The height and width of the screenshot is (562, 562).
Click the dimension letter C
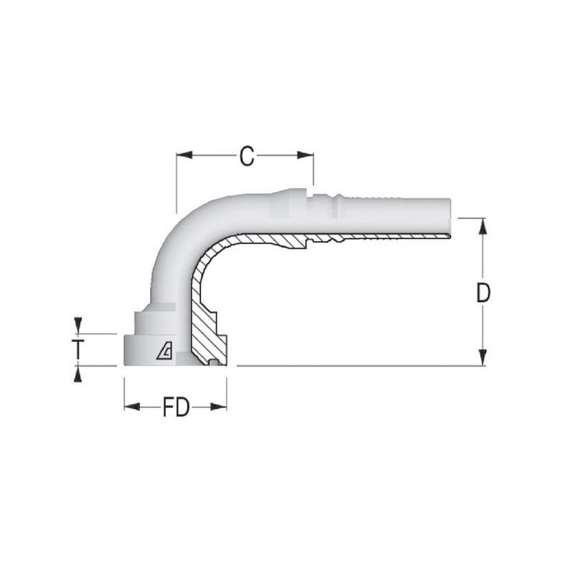click(x=247, y=156)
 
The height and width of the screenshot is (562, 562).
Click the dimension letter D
click(x=483, y=293)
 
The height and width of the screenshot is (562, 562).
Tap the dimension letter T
click(x=78, y=349)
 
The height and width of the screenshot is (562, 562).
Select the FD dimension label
click(x=176, y=407)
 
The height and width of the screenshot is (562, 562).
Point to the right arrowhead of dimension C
click(x=306, y=155)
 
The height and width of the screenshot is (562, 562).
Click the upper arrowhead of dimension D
click(x=483, y=226)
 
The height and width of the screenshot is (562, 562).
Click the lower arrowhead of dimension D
click(x=483, y=358)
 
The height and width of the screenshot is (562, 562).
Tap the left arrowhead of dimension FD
click(x=132, y=407)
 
